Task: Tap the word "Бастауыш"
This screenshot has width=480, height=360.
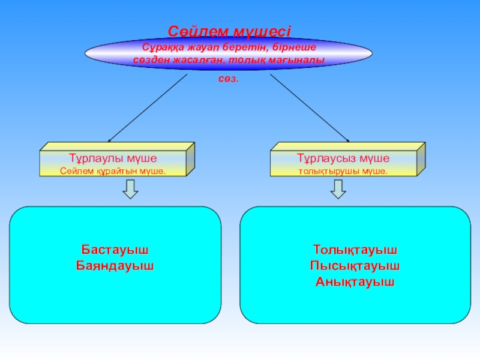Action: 115,248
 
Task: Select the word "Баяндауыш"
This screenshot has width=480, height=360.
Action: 115,265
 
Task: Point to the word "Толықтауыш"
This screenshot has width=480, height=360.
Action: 355,248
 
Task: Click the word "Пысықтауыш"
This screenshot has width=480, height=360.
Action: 355,265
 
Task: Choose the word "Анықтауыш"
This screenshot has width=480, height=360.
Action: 355,281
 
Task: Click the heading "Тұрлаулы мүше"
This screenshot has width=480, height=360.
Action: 113,158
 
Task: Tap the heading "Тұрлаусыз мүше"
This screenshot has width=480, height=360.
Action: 343,158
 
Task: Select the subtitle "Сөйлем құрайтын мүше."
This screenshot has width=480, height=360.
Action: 113,171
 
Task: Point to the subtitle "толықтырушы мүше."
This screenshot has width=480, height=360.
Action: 343,171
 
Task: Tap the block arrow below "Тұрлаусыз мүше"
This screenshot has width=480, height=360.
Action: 338,190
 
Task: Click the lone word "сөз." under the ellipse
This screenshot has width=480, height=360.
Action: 228,79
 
